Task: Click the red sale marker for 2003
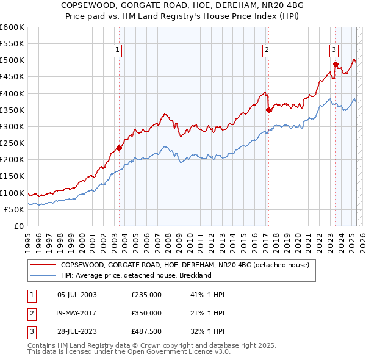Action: pyautogui.click(x=119, y=148)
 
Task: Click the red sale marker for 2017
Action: pyautogui.click(x=268, y=110)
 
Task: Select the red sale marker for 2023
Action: pyautogui.click(x=335, y=64)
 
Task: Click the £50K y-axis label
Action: pyautogui.click(x=14, y=209)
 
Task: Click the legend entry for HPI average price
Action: pyautogui.click(x=135, y=275)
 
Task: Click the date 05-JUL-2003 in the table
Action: pyautogui.click(x=76, y=294)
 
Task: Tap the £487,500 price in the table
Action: pyautogui.click(x=146, y=332)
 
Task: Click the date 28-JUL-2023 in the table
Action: pyautogui.click(x=76, y=332)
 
